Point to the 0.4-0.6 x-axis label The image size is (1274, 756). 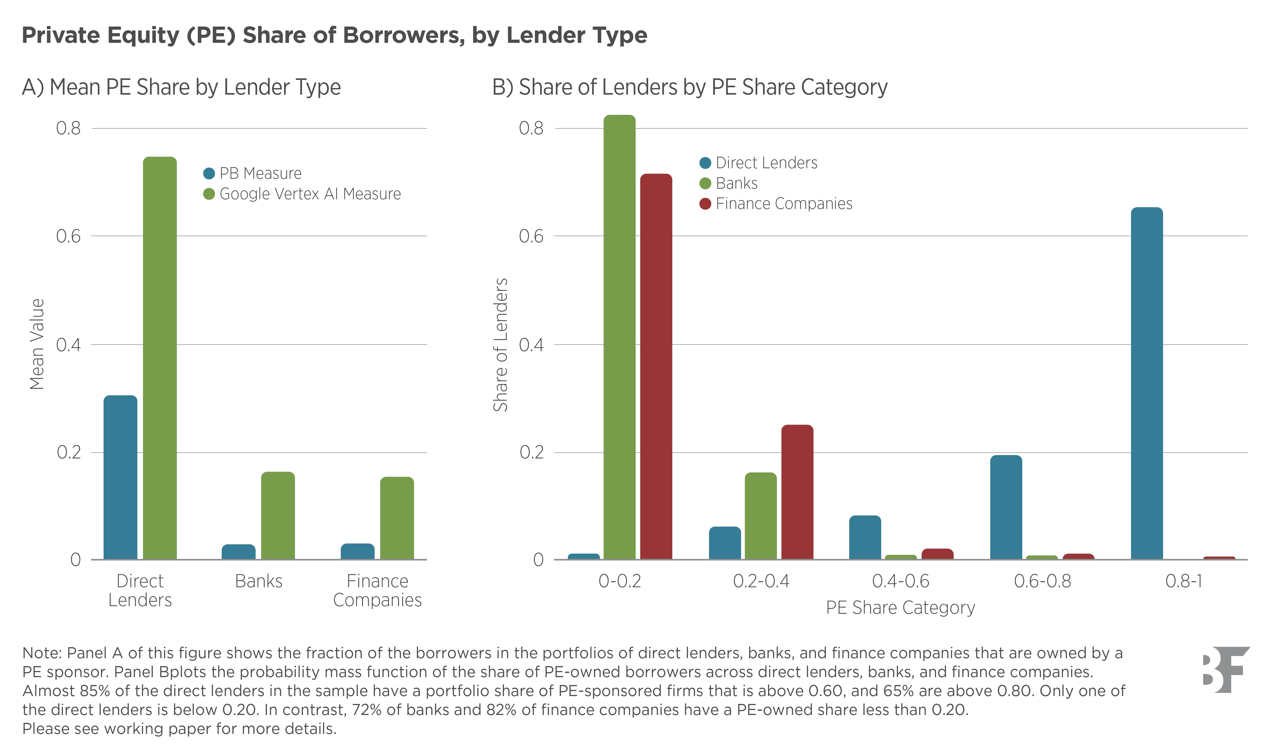[x=901, y=581]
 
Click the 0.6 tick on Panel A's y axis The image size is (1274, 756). [x=68, y=236]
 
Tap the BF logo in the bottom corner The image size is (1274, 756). [x=1226, y=670]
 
